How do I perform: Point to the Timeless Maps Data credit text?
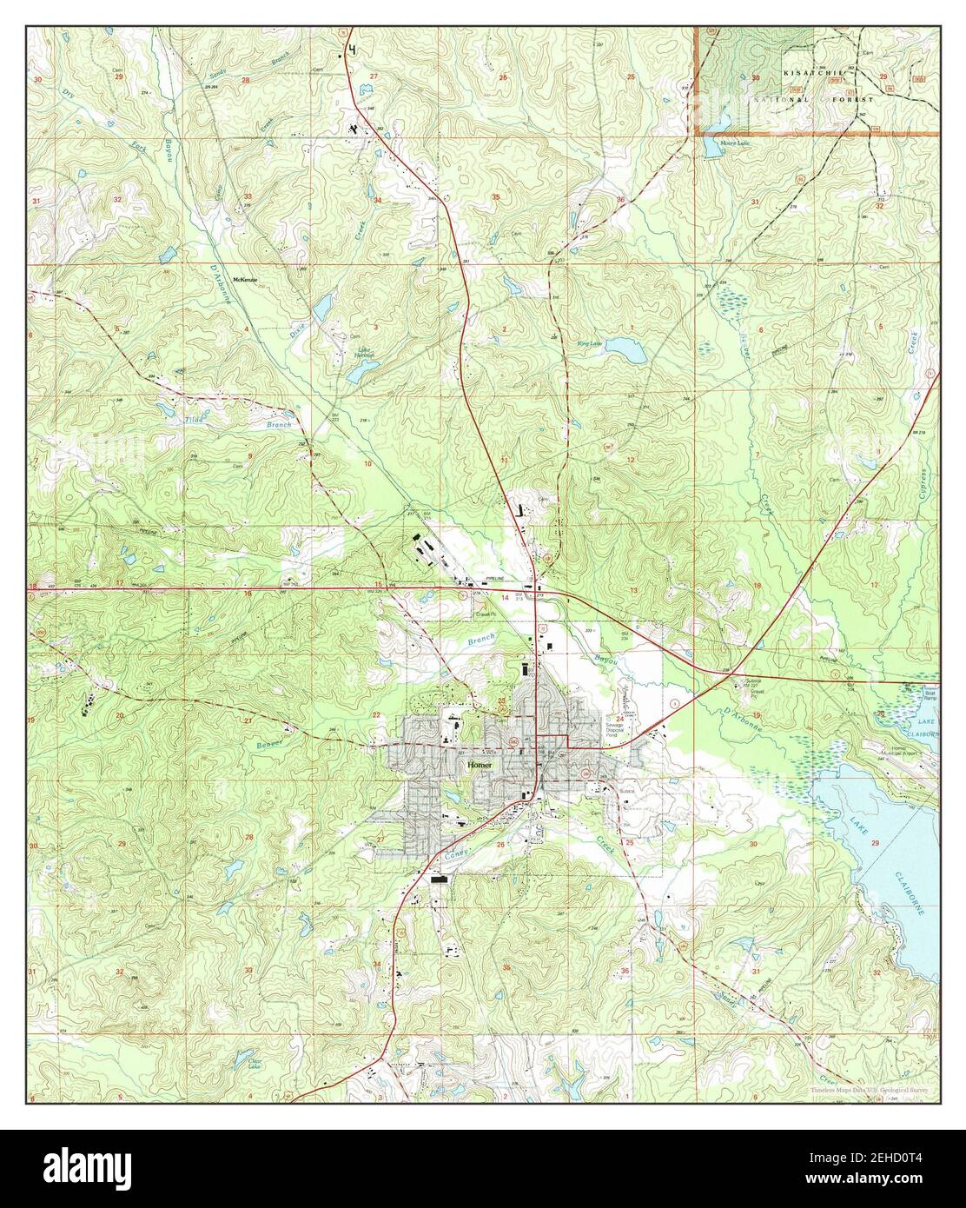pyautogui.click(x=872, y=1090)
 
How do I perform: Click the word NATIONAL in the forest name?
pyautogui.click(x=778, y=101)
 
